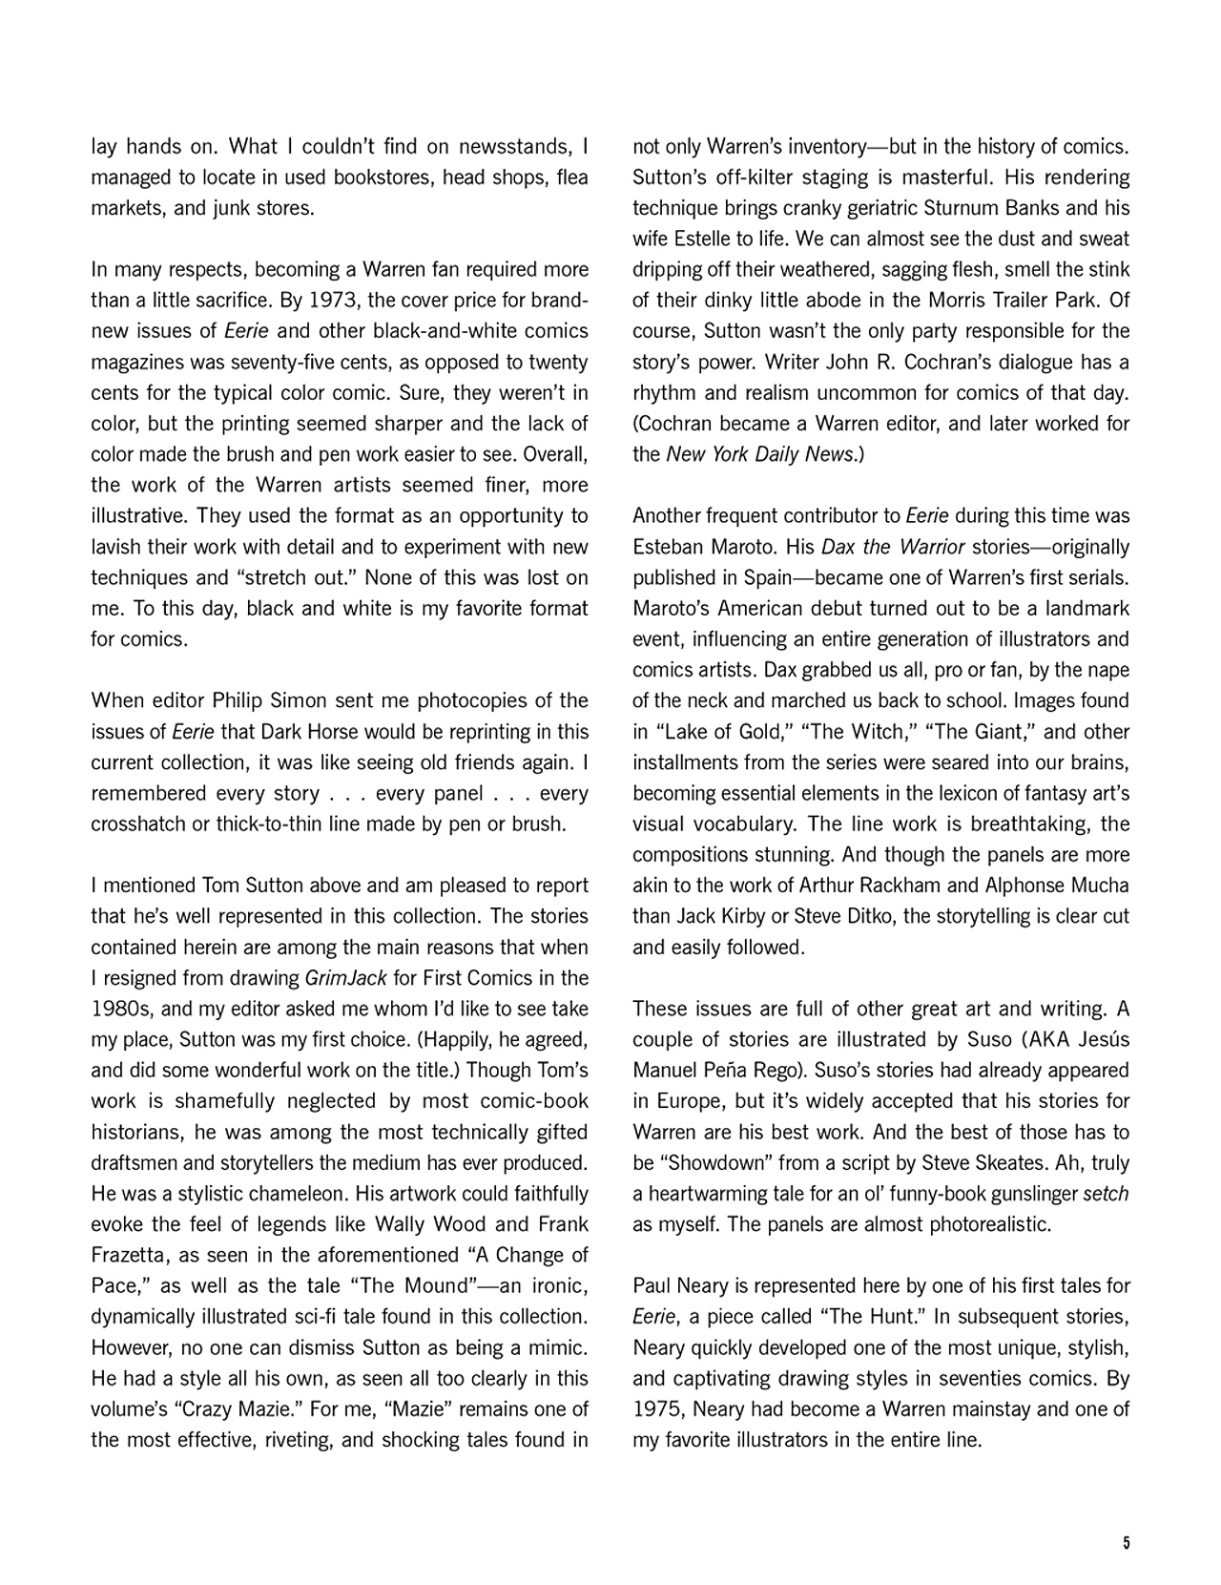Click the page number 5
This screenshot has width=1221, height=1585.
tap(1126, 1543)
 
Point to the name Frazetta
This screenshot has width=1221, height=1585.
tap(128, 1255)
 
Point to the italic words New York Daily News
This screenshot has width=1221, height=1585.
tap(760, 454)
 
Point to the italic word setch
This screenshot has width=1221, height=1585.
tap(1106, 1194)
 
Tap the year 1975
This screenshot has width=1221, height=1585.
tap(656, 1409)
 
